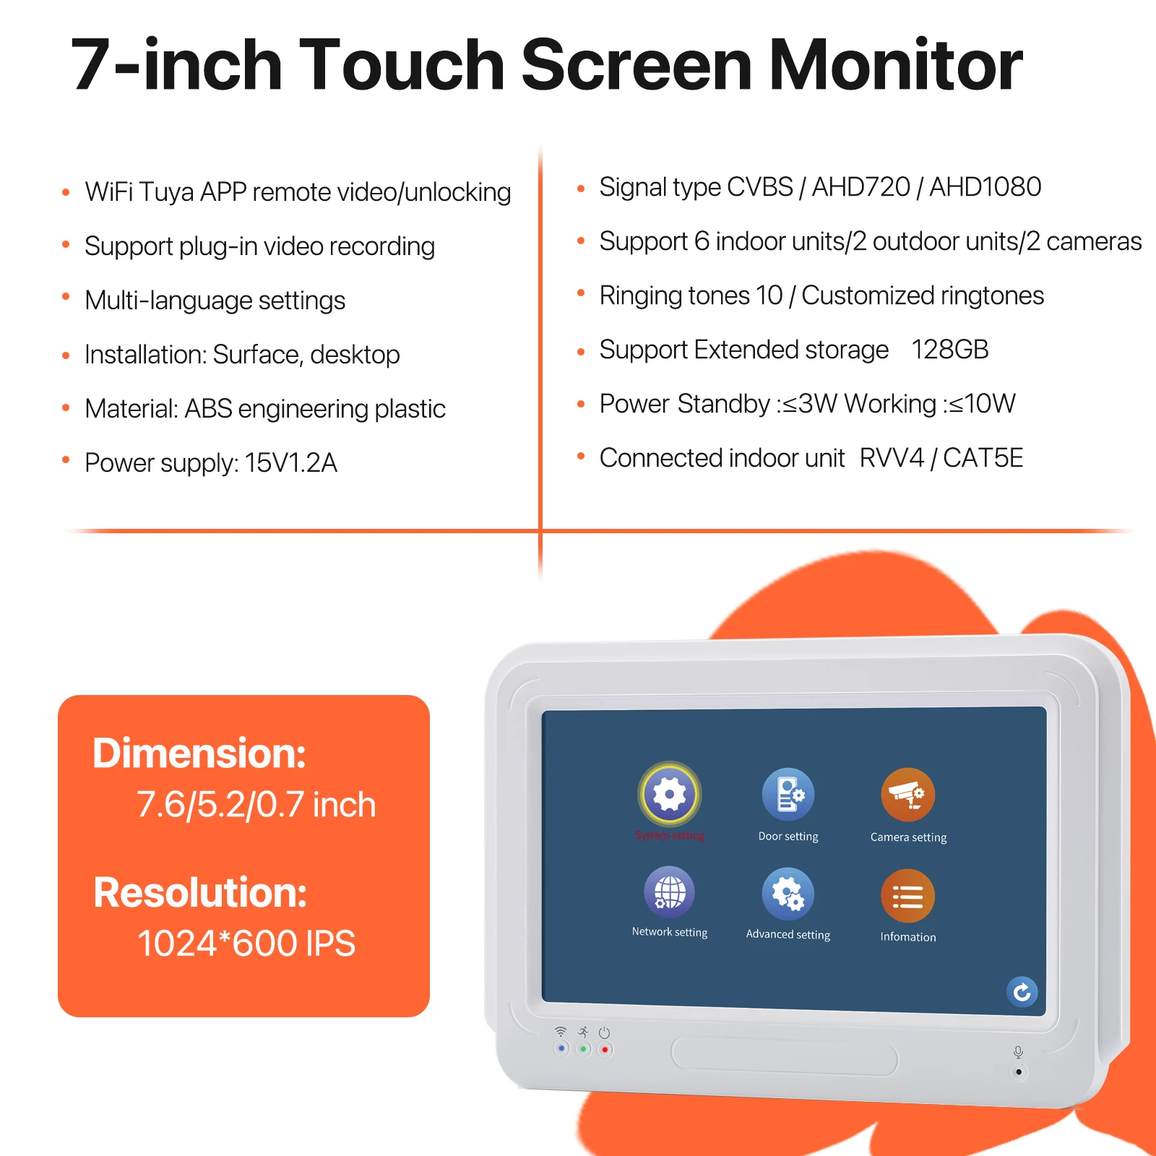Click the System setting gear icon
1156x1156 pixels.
[670, 794]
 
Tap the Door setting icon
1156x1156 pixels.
[788, 794]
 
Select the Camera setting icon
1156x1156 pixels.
[907, 794]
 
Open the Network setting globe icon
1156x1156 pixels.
[670, 892]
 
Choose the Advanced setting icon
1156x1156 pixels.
[788, 894]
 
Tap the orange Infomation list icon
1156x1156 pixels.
[907, 896]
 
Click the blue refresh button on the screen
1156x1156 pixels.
[1022, 992]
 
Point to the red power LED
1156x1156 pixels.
[605, 1049]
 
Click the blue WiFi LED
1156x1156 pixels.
[561, 1048]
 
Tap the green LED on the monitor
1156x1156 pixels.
[583, 1048]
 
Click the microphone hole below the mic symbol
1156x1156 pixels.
[1019, 1071]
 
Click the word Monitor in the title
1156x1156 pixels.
[895, 65]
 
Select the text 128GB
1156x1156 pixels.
[949, 350]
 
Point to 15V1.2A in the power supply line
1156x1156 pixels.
[290, 463]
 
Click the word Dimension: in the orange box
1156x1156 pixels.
[199, 753]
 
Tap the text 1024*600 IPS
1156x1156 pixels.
[246, 944]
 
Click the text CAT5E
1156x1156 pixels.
[983, 458]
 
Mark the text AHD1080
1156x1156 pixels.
[985, 187]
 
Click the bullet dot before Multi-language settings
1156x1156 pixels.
[66, 297]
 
